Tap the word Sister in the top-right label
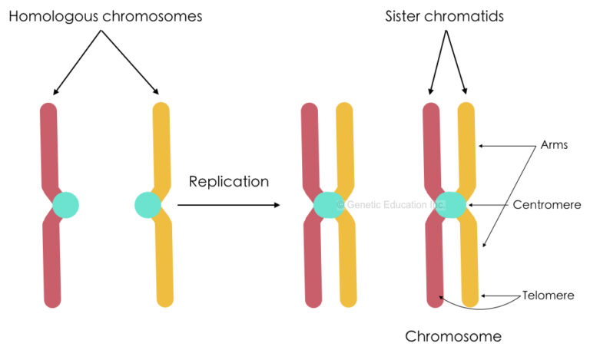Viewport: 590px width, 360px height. (x=407, y=15)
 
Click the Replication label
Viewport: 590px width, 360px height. (x=228, y=182)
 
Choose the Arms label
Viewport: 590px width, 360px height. (x=552, y=145)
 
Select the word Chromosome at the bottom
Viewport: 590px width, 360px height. (x=453, y=336)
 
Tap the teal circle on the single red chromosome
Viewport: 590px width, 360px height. (x=65, y=205)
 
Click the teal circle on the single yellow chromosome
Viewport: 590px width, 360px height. (x=147, y=205)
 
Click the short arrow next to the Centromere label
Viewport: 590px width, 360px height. (x=489, y=206)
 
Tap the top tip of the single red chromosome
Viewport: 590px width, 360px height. (x=48, y=110)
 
